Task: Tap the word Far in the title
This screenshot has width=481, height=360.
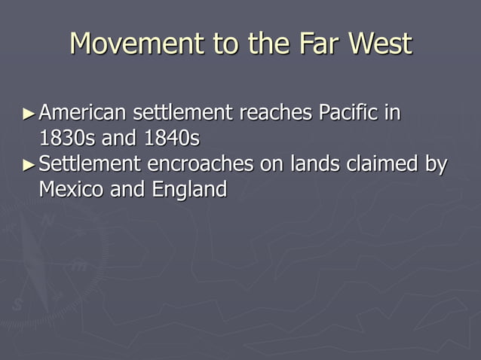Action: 316,43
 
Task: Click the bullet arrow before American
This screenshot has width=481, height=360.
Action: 29,114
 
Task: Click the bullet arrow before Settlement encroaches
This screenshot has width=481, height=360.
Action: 29,164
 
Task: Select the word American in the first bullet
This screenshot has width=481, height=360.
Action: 83,114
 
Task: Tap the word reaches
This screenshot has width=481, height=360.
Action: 276,114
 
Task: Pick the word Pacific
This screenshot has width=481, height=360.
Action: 348,114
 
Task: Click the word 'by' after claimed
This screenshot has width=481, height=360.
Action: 434,164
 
